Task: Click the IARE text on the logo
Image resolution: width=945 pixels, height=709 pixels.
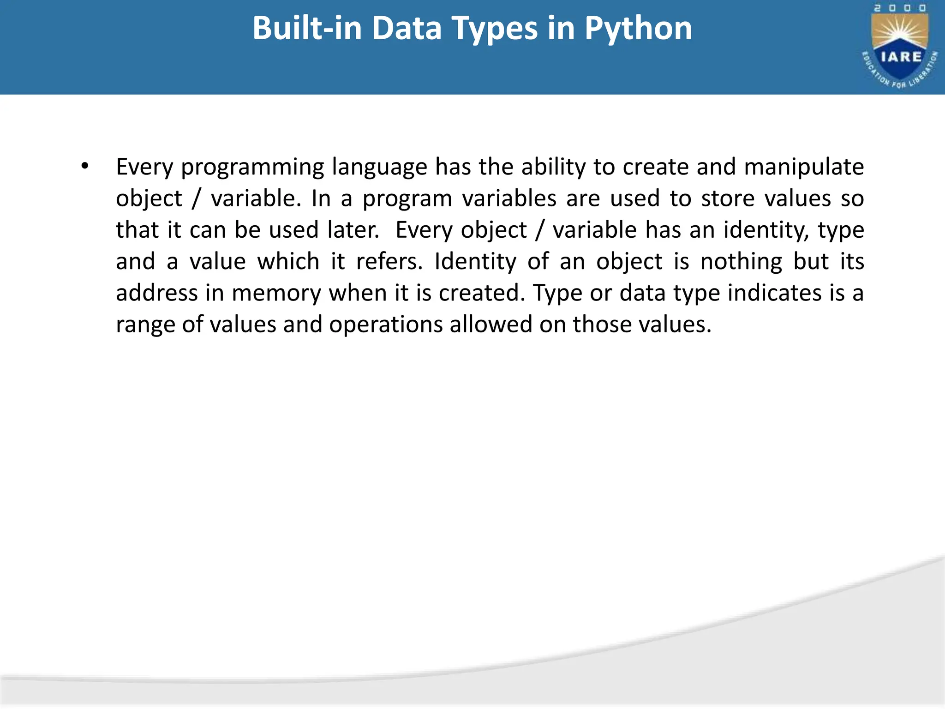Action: (901, 57)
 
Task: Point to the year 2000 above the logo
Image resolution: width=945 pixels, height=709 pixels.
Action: (900, 8)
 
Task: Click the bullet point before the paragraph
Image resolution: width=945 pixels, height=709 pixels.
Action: (84, 166)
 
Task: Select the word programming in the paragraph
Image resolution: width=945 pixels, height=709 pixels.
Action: (252, 167)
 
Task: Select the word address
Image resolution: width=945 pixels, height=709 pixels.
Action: (156, 293)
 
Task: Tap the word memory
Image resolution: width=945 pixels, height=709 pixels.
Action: (276, 293)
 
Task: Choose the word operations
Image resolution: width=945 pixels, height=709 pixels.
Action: (386, 324)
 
